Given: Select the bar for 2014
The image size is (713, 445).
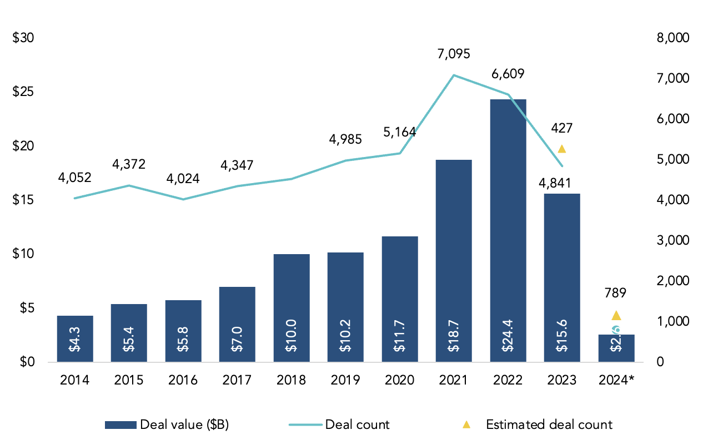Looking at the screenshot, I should pos(75,338).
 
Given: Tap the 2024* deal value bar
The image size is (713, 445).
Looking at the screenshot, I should pos(616,348).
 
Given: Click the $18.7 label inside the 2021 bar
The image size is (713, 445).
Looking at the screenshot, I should pos(454,339).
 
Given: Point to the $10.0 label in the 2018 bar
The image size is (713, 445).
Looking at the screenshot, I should pos(292,339).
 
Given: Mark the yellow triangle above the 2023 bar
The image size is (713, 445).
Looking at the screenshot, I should pos(562,149).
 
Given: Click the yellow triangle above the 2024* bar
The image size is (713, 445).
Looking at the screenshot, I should pos(616,316).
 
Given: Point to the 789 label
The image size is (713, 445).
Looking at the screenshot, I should pos(616,293).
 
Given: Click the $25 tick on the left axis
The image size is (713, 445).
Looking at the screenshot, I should pos(23,92).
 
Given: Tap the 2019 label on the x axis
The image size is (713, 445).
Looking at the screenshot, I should pos(345,380).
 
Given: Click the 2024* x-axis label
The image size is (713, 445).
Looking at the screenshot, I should pos(616,380).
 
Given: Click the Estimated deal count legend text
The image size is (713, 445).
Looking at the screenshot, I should pos(549,425).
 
